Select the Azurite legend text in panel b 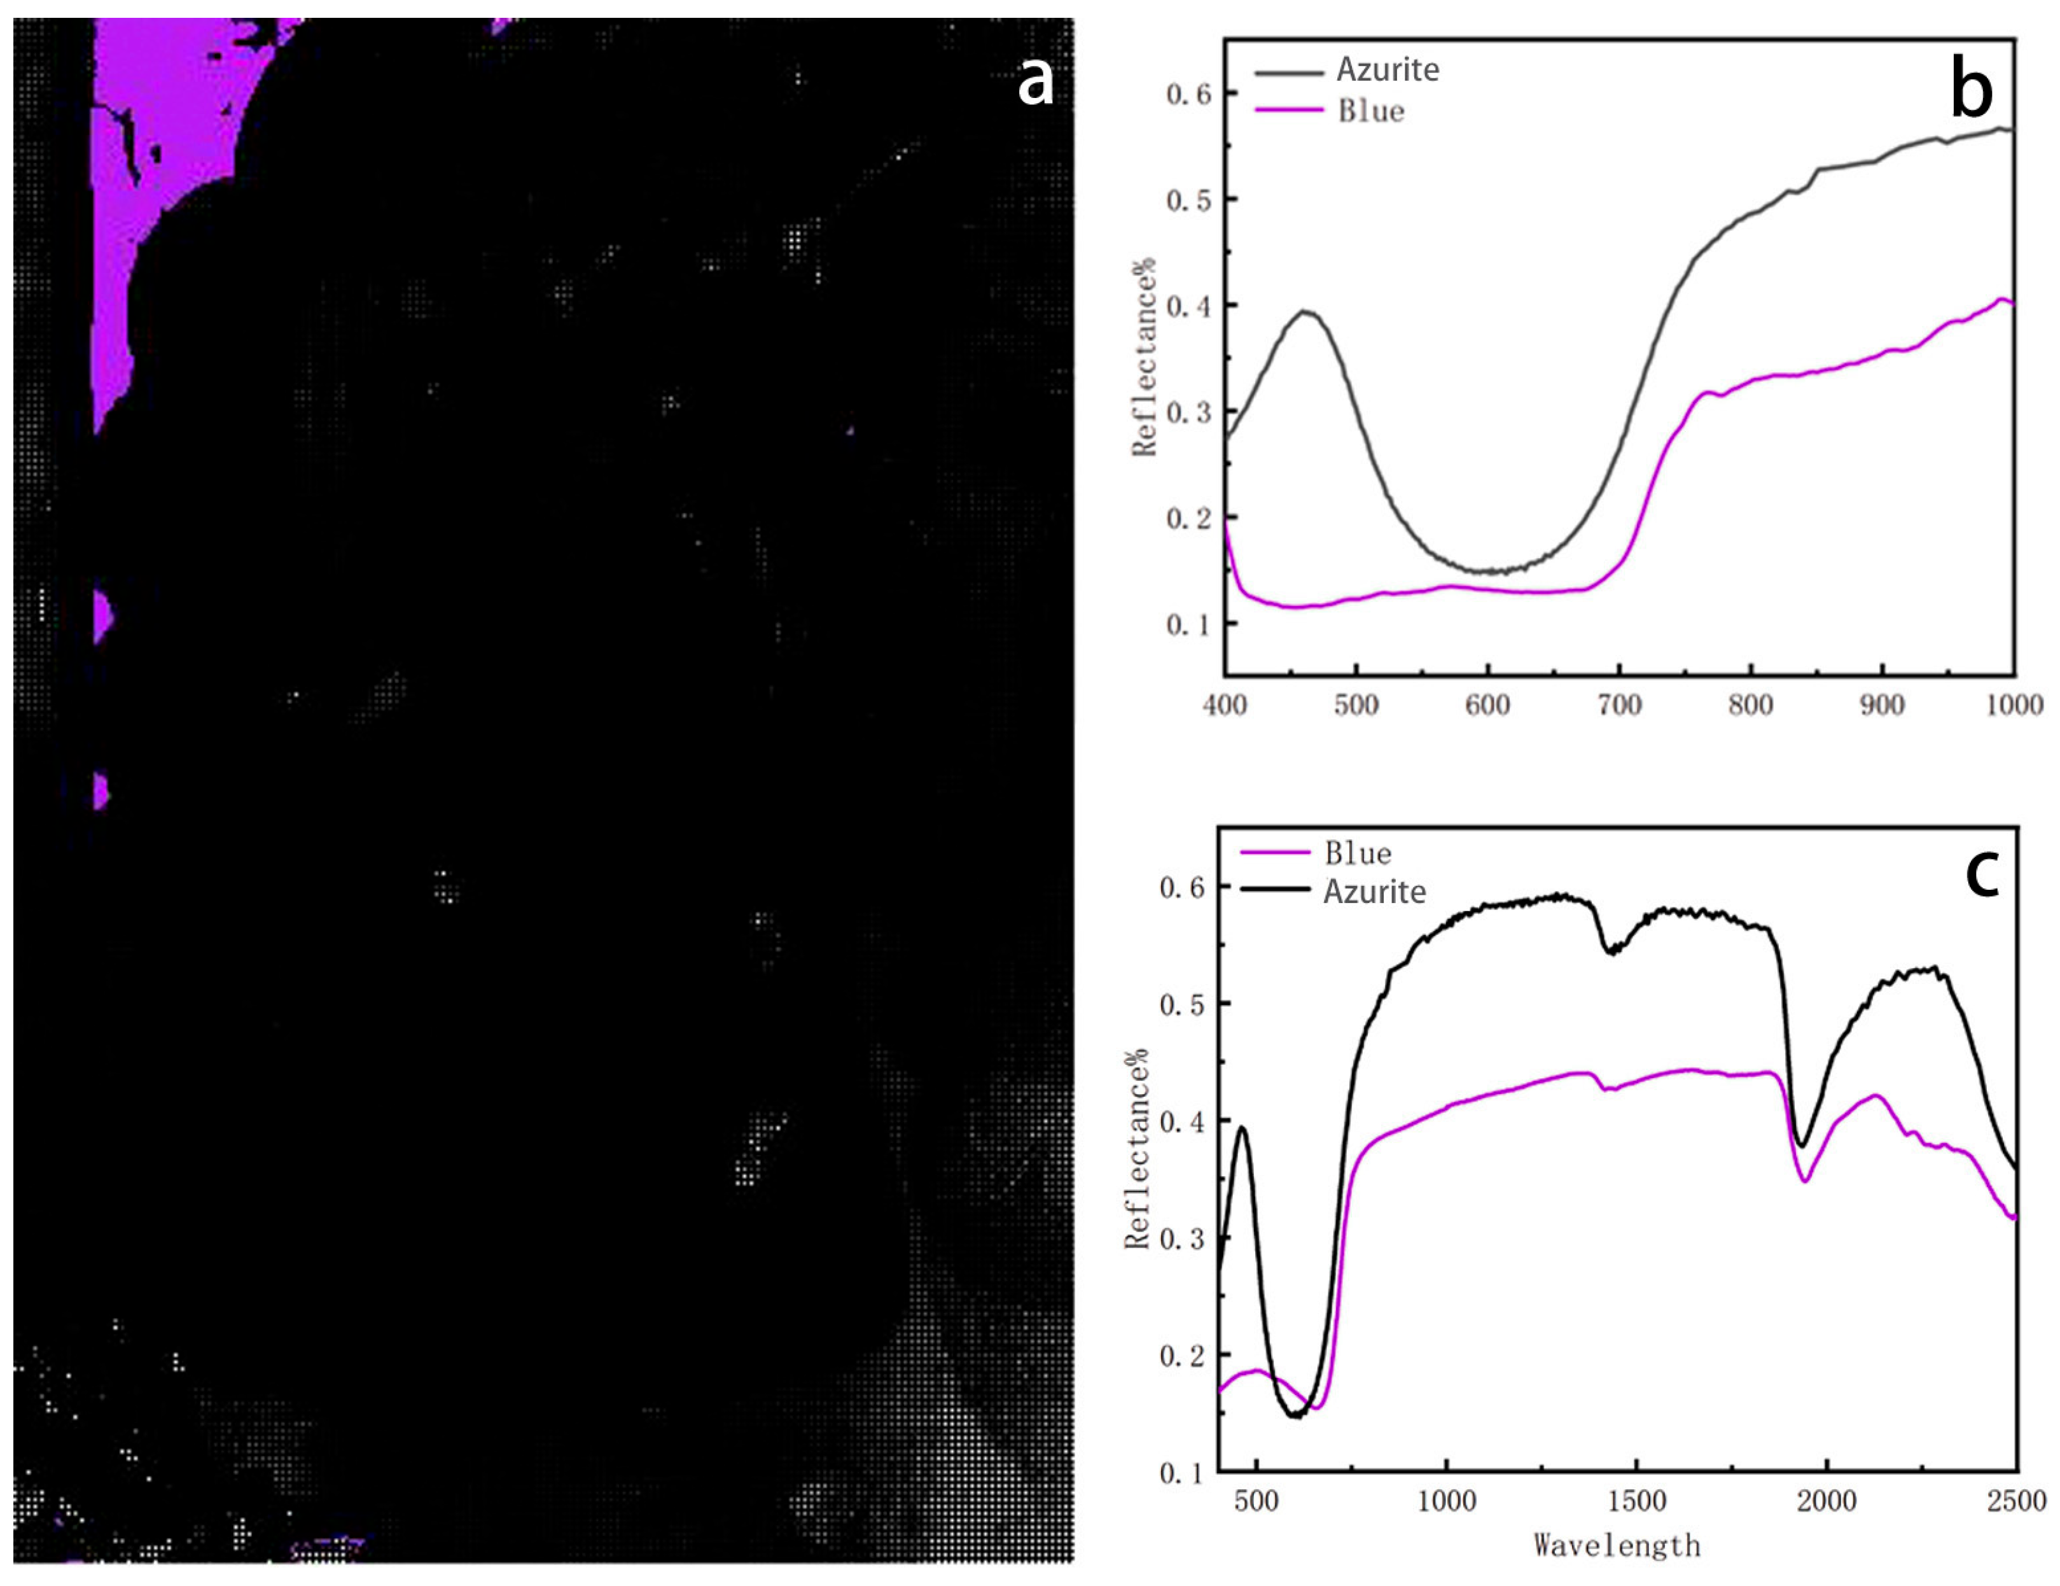click(1388, 70)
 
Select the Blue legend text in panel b click(1370, 111)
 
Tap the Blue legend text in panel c click(1357, 854)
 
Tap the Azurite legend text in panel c click(1374, 892)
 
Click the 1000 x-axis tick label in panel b click(2014, 705)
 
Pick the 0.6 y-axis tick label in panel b click(1188, 94)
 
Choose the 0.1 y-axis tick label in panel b click(1188, 624)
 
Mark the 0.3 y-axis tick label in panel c click(1181, 1239)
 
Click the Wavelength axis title click(1617, 1545)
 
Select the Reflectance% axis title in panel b click(1144, 356)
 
